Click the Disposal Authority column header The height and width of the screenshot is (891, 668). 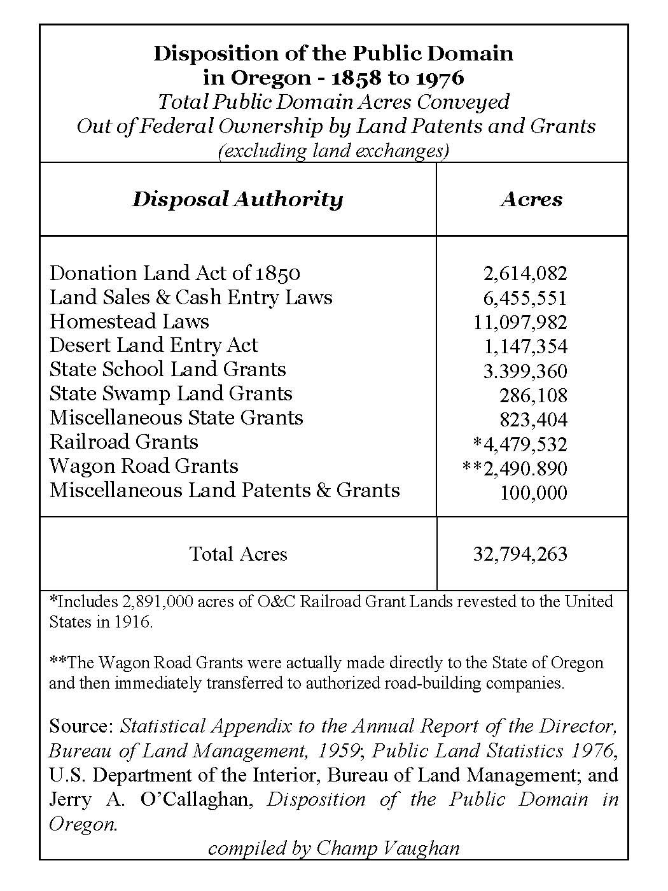click(x=237, y=199)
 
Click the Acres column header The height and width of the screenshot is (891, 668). click(x=531, y=199)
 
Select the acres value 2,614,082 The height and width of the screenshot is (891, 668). click(x=525, y=274)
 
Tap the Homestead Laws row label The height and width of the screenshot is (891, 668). click(x=129, y=321)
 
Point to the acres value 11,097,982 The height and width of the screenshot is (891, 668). click(x=520, y=322)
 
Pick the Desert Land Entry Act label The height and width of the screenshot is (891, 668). click(x=153, y=346)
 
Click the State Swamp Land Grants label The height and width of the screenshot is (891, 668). click(x=170, y=394)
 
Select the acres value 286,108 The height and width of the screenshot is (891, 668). click(x=532, y=396)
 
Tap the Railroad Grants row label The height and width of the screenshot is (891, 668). click(x=123, y=442)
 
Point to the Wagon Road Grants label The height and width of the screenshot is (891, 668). click(x=144, y=467)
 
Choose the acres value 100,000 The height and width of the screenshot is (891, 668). click(x=532, y=493)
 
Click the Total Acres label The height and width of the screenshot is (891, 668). click(x=238, y=554)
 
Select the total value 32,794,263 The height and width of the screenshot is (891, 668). click(x=520, y=554)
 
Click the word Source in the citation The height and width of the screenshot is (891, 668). click(x=80, y=726)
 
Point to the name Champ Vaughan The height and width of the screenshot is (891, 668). click(x=387, y=848)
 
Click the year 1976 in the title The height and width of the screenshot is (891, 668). click(x=440, y=78)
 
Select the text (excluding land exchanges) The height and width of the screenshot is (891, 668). click(x=333, y=151)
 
